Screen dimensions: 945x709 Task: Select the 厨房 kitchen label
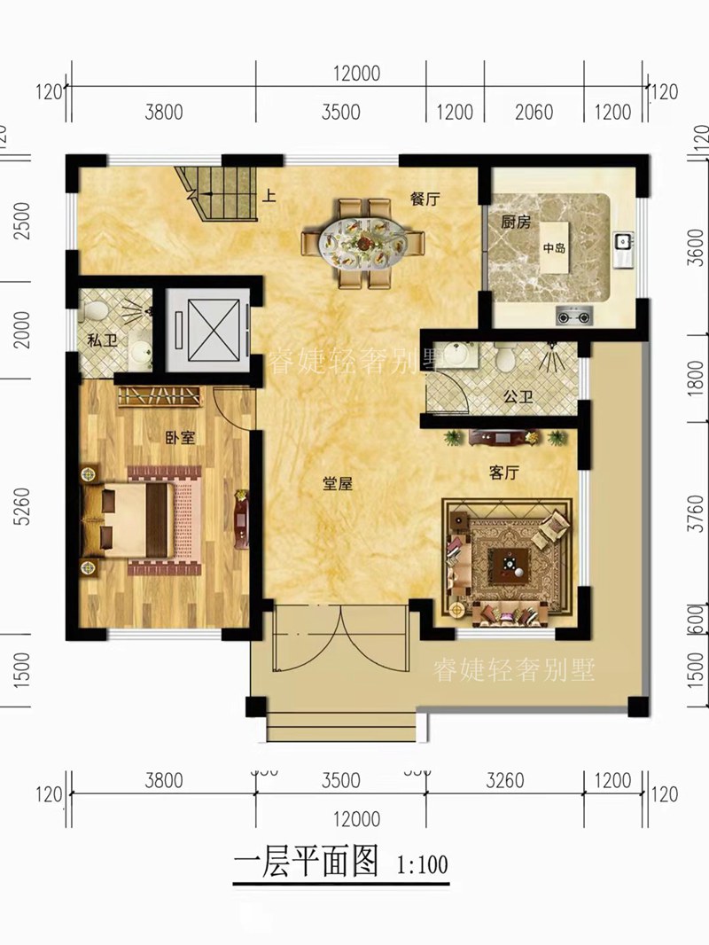pos(515,223)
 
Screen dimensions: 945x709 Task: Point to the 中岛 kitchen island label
pos(554,249)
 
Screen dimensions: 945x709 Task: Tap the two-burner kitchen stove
pos(573,314)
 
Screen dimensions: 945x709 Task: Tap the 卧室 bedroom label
pos(180,437)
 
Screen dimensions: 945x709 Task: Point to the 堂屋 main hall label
pos(339,483)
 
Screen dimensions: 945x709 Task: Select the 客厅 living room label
pos(503,472)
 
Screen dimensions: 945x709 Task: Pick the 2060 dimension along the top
pos(534,113)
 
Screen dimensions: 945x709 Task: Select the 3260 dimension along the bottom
pos(506,781)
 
